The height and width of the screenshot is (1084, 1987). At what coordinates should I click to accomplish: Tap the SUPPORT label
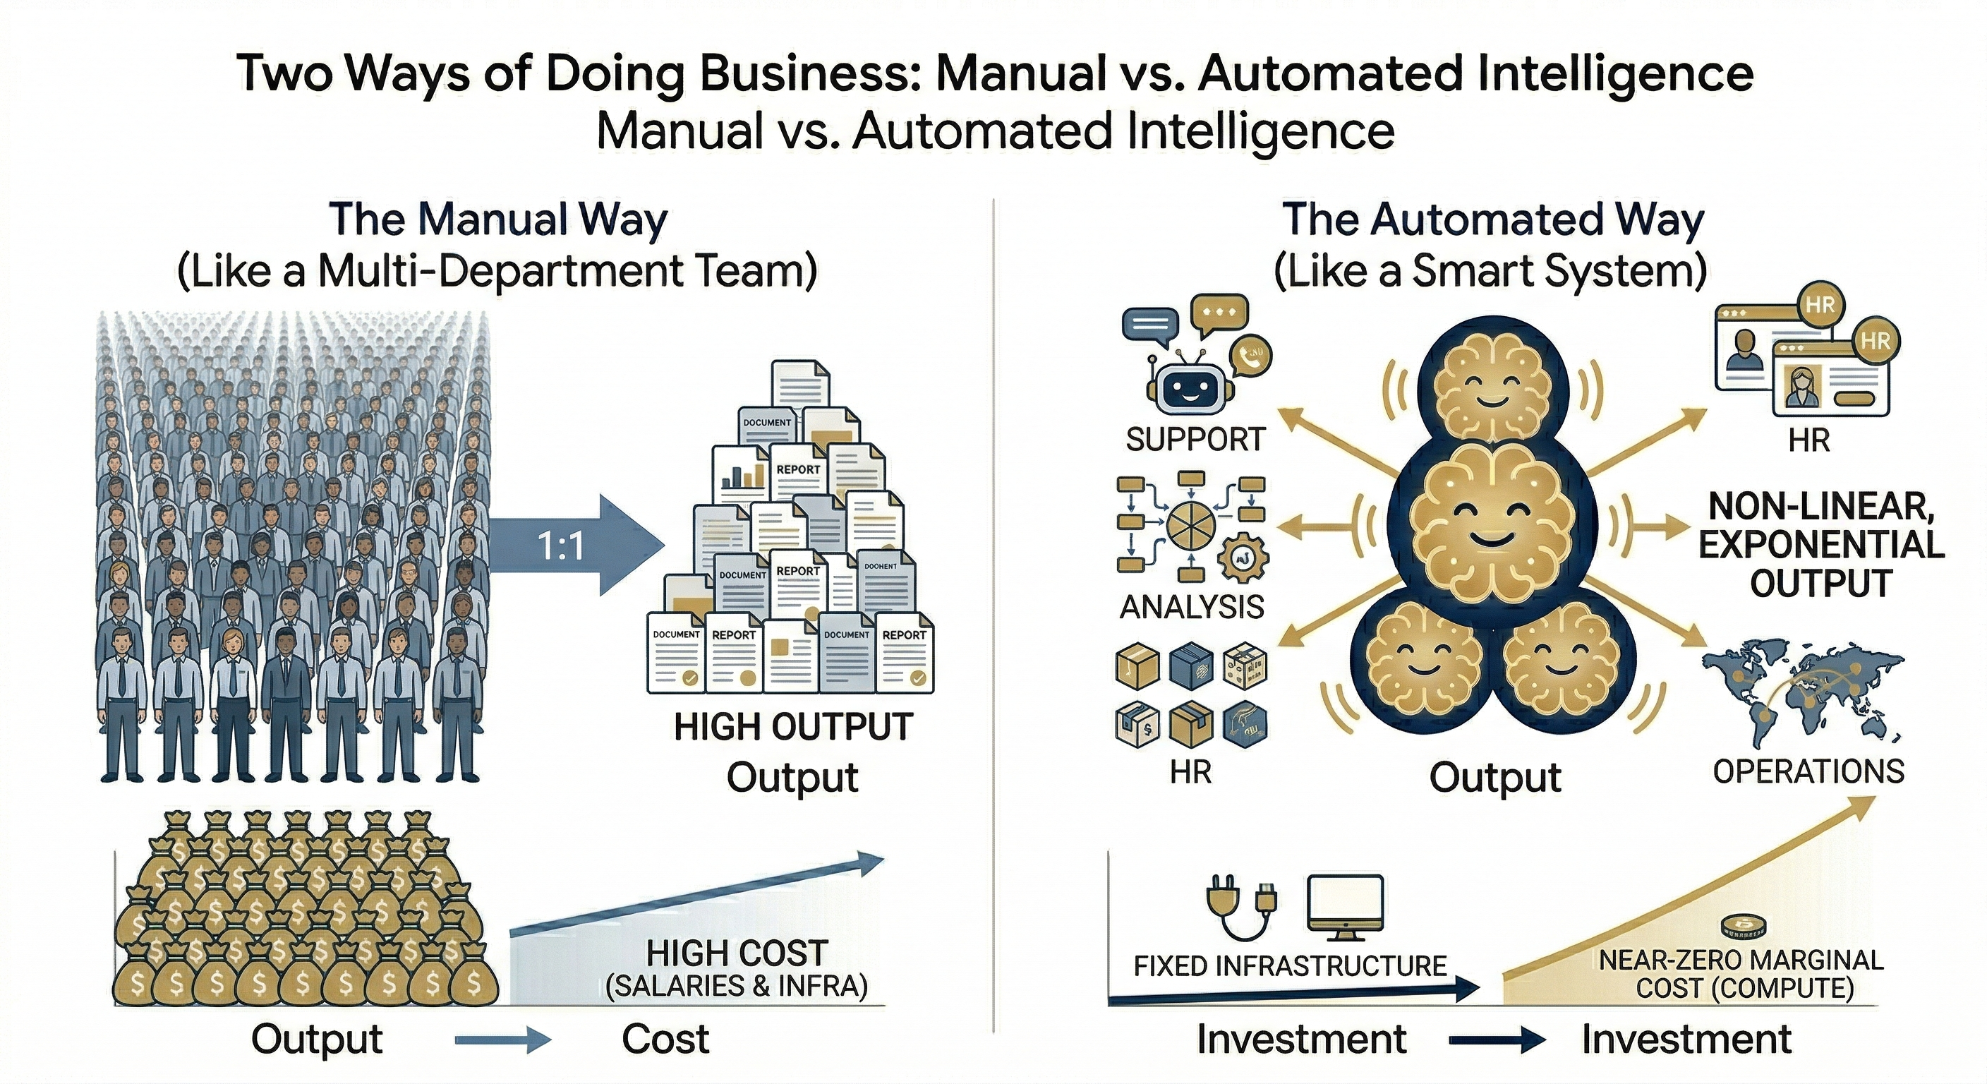point(1195,440)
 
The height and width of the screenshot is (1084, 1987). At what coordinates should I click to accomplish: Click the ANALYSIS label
point(1192,607)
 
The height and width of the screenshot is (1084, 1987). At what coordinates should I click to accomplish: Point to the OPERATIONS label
point(1808,771)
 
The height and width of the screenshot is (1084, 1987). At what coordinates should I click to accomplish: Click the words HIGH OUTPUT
point(793,727)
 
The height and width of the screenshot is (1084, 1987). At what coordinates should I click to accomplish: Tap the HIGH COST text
point(737,953)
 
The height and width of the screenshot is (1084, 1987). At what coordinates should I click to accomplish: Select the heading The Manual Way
point(497,220)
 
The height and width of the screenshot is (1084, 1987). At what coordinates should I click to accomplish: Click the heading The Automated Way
point(1492,220)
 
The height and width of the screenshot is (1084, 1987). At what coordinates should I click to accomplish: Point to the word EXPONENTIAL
point(1820,545)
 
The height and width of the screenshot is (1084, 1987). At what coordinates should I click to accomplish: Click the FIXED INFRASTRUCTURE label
point(1290,965)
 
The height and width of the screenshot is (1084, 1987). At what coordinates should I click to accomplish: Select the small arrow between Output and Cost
point(503,1041)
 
